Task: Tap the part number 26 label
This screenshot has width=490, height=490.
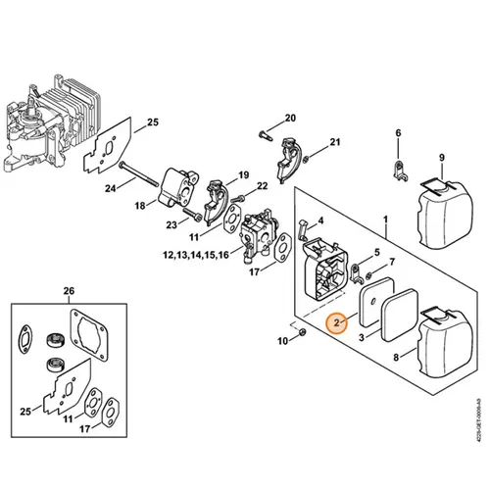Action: (x=68, y=291)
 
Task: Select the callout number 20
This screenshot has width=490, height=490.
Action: (x=289, y=119)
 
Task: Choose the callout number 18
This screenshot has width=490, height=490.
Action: (x=140, y=205)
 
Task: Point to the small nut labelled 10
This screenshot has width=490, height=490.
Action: (x=302, y=334)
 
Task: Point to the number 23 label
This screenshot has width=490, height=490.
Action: (x=172, y=224)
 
